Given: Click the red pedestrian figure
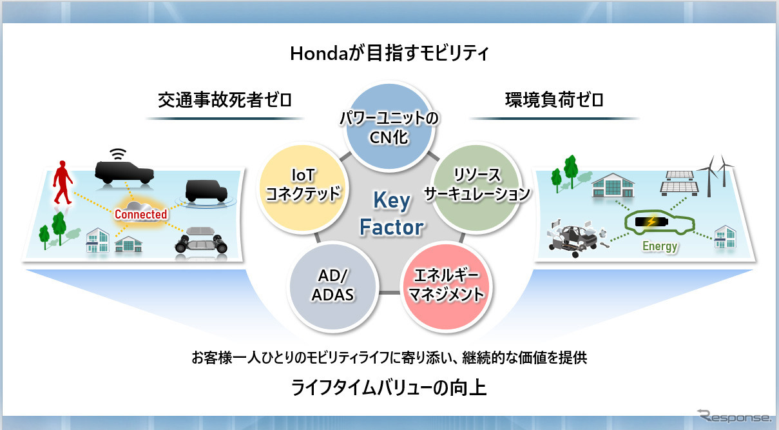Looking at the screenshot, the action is tap(63, 182).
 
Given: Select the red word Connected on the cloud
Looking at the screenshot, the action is tap(141, 214).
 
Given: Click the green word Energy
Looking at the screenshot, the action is tap(660, 246).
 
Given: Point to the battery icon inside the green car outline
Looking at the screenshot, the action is tap(651, 222).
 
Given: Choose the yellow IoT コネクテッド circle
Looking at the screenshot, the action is tap(303, 188).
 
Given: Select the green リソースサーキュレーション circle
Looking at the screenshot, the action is tap(477, 188).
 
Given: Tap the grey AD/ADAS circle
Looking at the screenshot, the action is tap(333, 286).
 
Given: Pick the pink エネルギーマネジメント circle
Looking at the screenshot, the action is tap(445, 286).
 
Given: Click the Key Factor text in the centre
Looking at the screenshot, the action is tap(392, 213).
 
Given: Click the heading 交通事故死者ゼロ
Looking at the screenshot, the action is tap(225, 100).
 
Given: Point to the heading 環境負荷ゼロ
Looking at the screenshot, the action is tap(554, 100).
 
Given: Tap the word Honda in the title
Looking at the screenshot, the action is tap(318, 54).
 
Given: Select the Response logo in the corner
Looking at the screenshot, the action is tap(734, 416).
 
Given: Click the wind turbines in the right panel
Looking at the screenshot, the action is tap(716, 176).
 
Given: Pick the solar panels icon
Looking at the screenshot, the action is tap(679, 183).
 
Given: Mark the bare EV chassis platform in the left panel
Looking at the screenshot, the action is tap(201, 240).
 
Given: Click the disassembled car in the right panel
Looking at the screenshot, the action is tap(577, 237).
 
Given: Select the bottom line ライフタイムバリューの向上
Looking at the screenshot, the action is tap(389, 388).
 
